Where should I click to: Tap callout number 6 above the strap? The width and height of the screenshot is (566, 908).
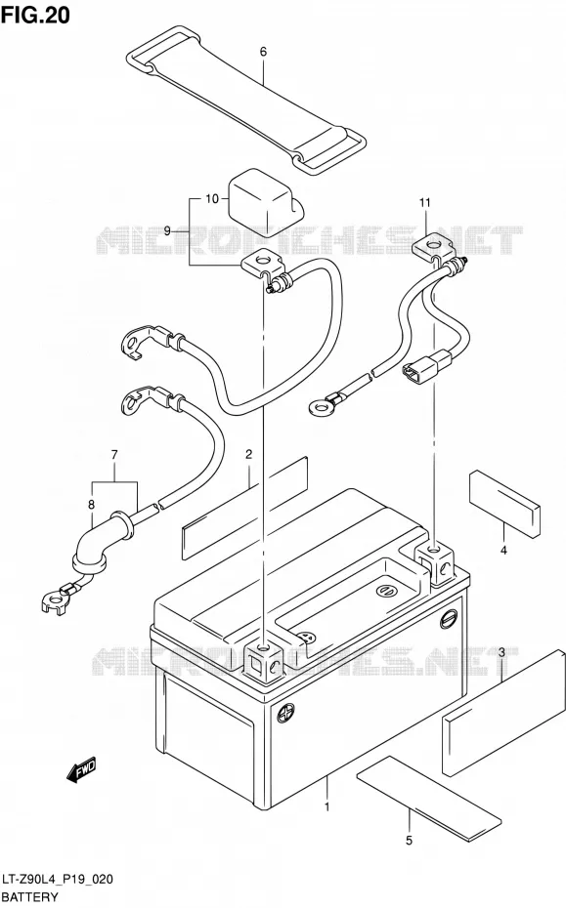coord(263,52)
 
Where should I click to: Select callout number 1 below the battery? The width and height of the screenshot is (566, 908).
coord(327,806)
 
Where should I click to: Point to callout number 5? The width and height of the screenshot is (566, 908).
coord(410,841)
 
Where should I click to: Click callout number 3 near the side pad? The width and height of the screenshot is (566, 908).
coord(501,652)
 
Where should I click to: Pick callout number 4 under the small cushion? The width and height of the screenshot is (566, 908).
coord(503,550)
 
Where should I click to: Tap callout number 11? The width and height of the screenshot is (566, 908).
coord(425,203)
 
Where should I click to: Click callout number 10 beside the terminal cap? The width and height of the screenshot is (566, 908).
coord(212,199)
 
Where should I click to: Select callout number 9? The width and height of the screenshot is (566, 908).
coord(167,231)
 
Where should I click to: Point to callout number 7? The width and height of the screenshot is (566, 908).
coord(114,455)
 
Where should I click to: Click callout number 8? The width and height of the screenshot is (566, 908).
coord(91,505)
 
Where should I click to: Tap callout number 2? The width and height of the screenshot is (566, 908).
coord(248,455)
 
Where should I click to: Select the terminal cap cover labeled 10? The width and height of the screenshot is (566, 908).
coord(265,199)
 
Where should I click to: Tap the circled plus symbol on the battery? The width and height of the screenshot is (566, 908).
coord(284,713)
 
